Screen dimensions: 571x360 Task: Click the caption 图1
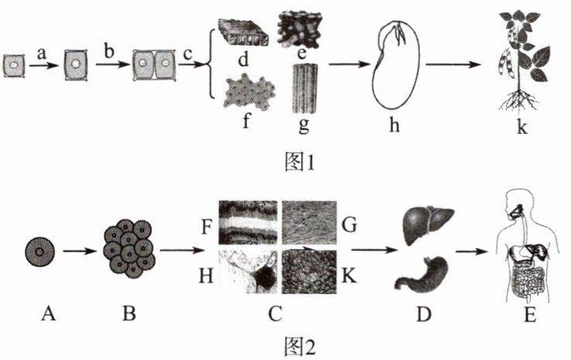pos(297,162)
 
